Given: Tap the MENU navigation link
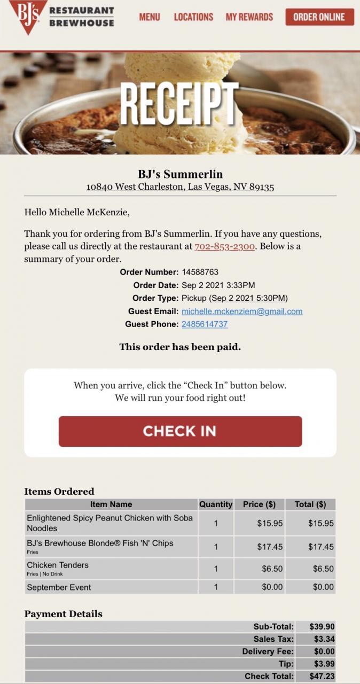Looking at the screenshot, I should [x=150, y=17].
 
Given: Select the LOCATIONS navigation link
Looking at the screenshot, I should [x=193, y=17].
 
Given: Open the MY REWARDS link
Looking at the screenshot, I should [x=249, y=17].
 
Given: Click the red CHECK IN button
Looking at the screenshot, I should [x=180, y=431].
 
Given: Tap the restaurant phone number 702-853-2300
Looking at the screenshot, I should [x=224, y=246].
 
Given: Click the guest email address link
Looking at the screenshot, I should [x=242, y=311].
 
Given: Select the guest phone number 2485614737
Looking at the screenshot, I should [x=205, y=324].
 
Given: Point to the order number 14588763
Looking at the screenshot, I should [x=200, y=272].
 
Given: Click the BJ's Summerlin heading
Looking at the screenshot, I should [x=180, y=174].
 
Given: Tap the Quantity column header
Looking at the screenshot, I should [x=216, y=504].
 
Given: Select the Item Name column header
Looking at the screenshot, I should [x=111, y=504].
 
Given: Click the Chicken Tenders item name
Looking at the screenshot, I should [x=58, y=565].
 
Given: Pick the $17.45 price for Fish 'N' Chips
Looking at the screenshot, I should [x=270, y=547].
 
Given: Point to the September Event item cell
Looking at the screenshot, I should [x=59, y=587].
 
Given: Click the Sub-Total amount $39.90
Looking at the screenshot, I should [x=322, y=626].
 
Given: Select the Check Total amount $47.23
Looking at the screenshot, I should [x=322, y=676].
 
